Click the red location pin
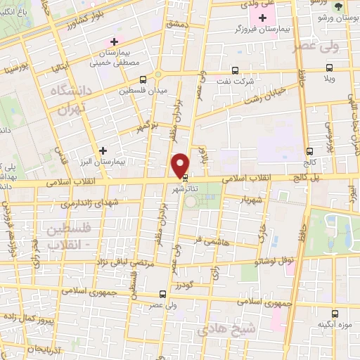point(181,165)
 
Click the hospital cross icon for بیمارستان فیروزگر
point(263,18)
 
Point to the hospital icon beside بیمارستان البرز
point(103,150)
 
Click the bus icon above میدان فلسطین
point(143,79)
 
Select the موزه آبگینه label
point(336,324)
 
